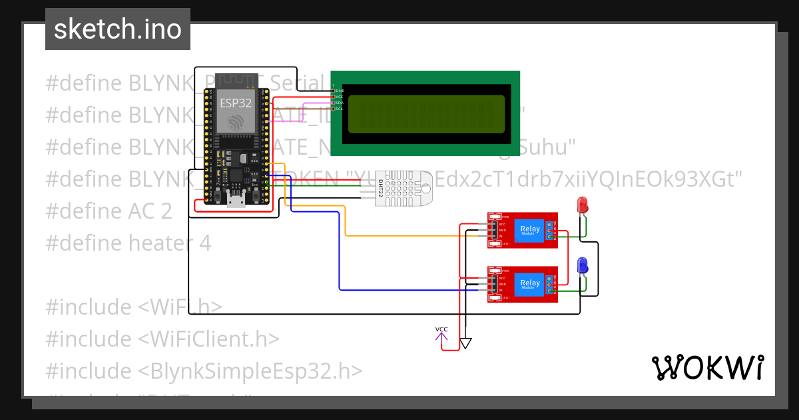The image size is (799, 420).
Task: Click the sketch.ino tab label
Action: [117, 29]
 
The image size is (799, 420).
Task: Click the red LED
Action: [582, 205]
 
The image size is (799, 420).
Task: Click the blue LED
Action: [582, 265]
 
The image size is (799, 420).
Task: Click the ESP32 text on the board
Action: [235, 103]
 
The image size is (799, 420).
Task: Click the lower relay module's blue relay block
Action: [530, 285]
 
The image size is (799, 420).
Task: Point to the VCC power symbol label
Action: [441, 329]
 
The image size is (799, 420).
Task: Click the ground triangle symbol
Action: [466, 343]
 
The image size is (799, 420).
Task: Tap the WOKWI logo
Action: [707, 367]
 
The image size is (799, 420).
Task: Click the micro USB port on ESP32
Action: [236, 199]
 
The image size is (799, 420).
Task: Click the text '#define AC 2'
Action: [109, 211]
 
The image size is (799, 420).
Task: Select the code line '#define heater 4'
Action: [129, 243]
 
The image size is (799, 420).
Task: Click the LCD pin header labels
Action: [338, 99]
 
